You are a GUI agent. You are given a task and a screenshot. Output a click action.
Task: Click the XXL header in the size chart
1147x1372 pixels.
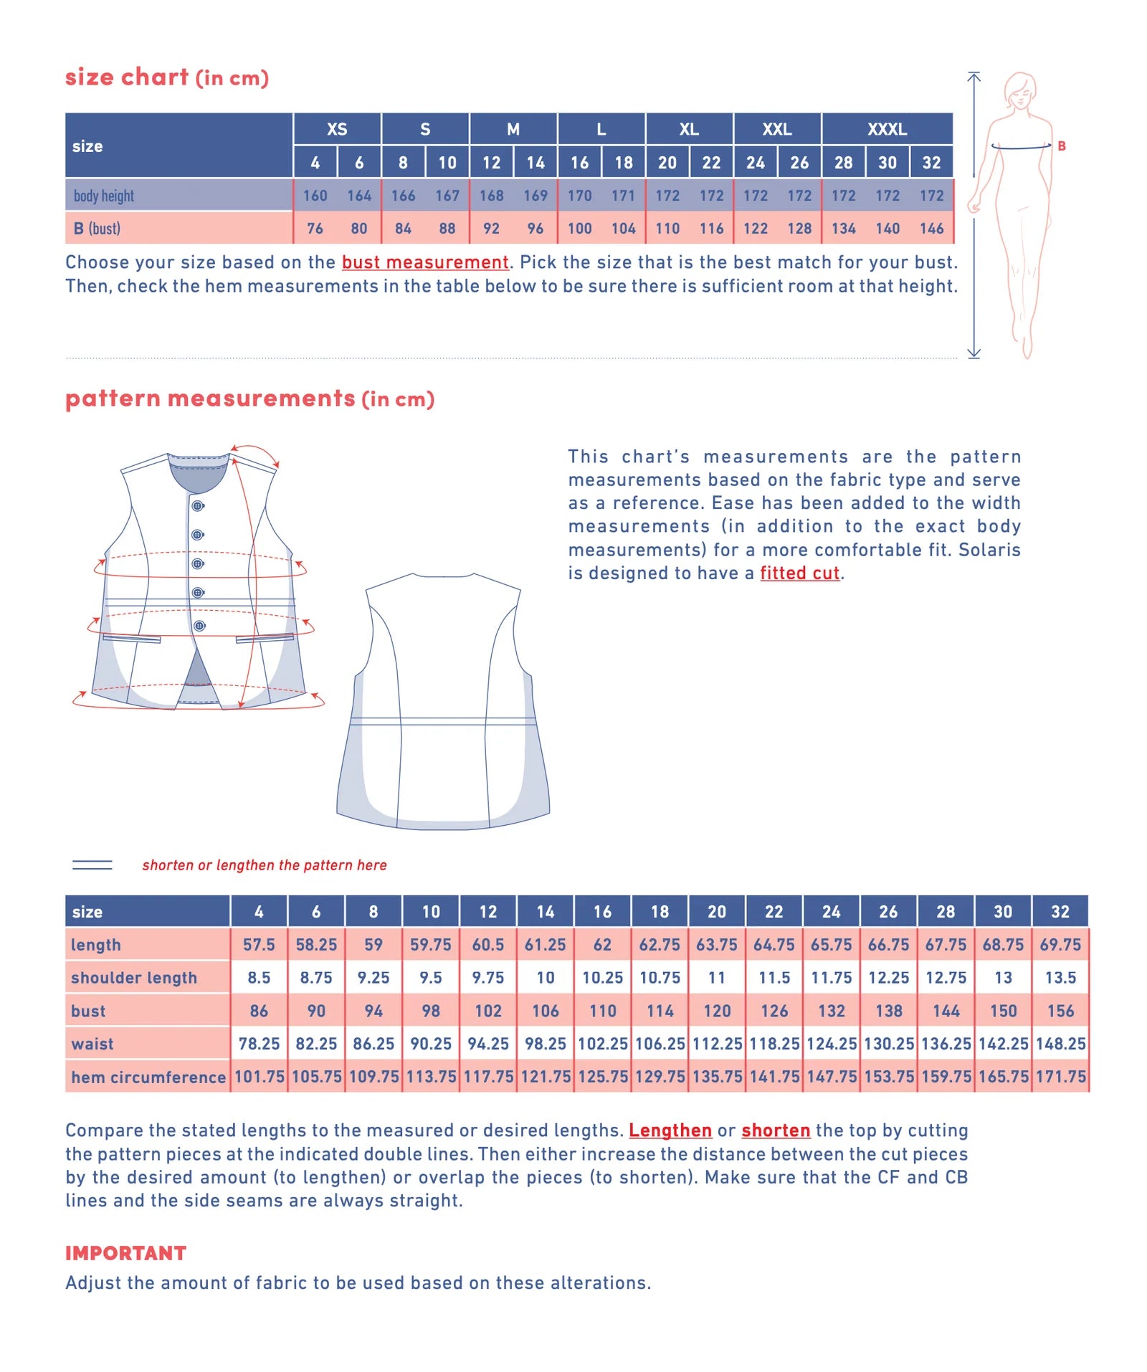coord(777,129)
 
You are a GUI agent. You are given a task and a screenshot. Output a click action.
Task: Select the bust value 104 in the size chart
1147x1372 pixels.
coord(624,229)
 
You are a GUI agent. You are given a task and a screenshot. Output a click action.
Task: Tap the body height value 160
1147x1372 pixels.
coord(315,196)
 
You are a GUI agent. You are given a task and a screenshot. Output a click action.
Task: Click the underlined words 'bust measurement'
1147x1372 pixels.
coord(425,262)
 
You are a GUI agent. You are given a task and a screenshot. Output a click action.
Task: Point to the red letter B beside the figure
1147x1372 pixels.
coord(1062,146)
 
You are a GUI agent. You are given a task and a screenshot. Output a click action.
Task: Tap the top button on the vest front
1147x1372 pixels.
coord(198,506)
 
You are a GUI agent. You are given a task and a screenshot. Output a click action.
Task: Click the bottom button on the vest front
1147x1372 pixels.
coord(200,626)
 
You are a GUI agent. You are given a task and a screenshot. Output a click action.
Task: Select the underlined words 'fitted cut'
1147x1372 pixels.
coord(799,573)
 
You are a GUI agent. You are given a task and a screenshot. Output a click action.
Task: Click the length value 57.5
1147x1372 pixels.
coord(259,945)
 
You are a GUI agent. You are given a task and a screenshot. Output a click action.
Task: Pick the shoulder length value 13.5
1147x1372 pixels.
coord(1060,978)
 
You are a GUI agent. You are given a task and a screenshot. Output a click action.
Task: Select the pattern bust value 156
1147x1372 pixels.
coord(1060,1011)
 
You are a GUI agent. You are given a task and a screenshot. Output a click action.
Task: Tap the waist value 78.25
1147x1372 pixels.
coord(259,1044)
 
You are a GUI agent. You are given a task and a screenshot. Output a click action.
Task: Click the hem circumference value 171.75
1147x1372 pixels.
coord(1060,1077)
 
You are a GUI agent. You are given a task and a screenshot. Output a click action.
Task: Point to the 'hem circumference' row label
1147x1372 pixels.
coord(148,1077)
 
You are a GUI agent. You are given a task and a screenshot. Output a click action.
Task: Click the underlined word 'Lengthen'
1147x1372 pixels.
coord(670,1130)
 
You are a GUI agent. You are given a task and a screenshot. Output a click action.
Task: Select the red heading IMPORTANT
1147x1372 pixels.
coord(126,1253)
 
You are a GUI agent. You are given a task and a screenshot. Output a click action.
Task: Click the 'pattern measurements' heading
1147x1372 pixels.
coord(211,399)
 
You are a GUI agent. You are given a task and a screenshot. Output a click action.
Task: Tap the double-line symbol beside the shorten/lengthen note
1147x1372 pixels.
coord(92,865)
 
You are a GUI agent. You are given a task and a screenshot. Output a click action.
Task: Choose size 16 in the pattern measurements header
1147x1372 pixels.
coord(602,912)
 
